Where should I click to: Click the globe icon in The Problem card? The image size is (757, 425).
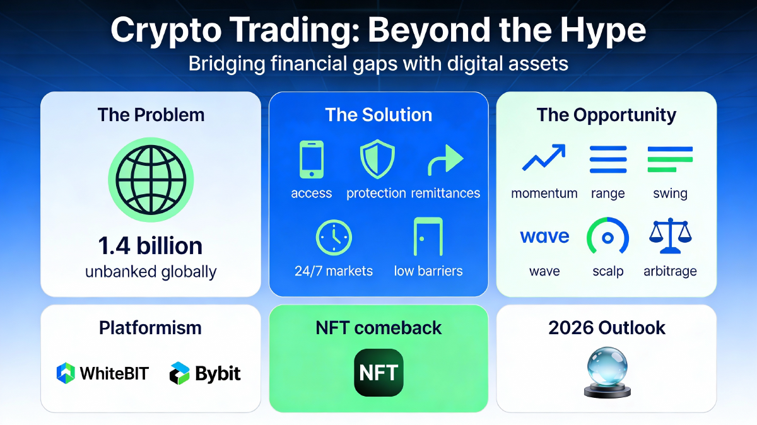pos(151,180)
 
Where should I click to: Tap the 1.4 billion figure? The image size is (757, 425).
pos(150,246)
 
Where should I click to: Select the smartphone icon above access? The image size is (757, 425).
pos(312,159)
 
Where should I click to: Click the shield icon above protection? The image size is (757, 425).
pos(377,159)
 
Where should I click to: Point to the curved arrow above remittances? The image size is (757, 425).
pos(445,160)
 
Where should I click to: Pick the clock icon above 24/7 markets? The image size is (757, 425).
pos(334,237)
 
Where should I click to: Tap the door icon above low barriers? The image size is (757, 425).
pos(428,236)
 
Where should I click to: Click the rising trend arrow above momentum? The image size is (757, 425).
pos(544,158)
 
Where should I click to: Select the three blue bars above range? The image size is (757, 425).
pos(608,159)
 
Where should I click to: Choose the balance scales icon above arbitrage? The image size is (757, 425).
pos(671,236)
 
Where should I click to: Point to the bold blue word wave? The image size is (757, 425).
pos(544,236)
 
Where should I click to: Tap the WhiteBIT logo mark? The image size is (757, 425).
pos(66,373)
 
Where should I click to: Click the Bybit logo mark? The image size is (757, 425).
pos(179,373)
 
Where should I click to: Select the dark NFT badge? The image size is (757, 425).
pos(378,373)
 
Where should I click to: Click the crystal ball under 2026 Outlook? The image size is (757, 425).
pos(607,373)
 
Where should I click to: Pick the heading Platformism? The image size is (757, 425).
pos(150,328)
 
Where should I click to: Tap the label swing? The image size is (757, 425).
pos(670,194)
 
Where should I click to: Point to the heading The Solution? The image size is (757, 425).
pos(378,115)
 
